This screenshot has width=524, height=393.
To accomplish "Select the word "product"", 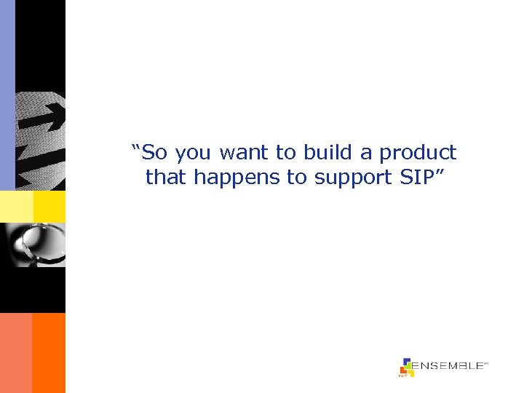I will point(418,153).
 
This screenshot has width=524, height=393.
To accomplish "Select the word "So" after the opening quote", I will point(153,153).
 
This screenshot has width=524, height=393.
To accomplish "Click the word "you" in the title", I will point(193,153).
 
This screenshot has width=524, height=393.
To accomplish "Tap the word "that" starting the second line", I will point(165,177).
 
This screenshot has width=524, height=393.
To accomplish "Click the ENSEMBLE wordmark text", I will point(448,367).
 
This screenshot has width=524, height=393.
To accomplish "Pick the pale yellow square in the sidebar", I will point(16,207).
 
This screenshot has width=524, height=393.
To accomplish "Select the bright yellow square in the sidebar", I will point(49,207).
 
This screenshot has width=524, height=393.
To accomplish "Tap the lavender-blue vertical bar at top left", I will point(7,95).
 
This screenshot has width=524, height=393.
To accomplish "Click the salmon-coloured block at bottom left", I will point(16,353).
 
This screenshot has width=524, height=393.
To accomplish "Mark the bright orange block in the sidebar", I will point(49,353).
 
